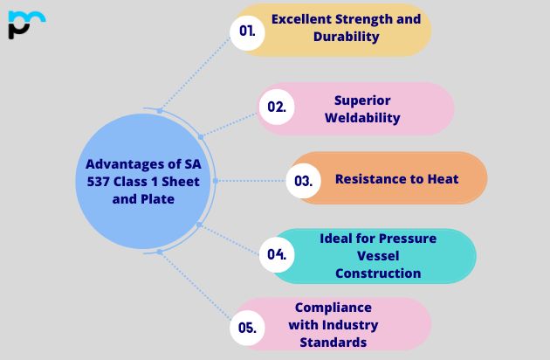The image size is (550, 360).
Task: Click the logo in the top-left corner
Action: coord(26,24)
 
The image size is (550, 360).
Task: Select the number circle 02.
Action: coord(277,107)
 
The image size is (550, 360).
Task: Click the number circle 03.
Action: coord(303,181)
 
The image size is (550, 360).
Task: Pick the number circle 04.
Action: coord(277,255)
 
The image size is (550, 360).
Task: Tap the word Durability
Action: coord(346,37)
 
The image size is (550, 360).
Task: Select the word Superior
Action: coord(362,100)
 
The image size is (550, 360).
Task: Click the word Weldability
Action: coord(362,118)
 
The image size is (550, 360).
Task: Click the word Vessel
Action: coord(378,255)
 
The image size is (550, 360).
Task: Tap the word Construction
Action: coord(378,273)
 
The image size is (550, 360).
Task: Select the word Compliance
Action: coord(333,308)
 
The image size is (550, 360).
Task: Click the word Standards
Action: coord(333,343)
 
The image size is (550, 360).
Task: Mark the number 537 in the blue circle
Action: coord(92,181)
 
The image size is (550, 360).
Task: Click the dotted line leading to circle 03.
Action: coord(253,181)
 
